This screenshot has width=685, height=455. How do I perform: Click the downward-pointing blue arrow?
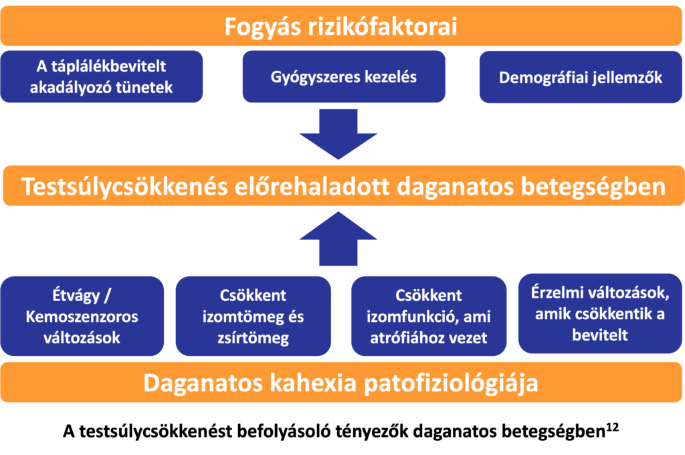coord(338,133)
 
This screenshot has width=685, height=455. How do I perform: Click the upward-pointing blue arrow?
coord(338,238)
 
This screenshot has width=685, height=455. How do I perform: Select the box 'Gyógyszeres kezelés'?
coord(344,76)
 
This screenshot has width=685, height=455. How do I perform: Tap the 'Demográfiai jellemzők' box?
coord(581,77)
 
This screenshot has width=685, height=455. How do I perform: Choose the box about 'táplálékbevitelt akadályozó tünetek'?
coord(102,76)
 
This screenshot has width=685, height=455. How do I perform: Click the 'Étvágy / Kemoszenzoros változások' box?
coord(82,316)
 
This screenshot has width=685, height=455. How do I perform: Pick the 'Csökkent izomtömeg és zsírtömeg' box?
coord(254,316)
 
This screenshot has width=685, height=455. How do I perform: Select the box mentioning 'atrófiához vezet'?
coord(429,316)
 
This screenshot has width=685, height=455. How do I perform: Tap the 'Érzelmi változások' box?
coord(600,313)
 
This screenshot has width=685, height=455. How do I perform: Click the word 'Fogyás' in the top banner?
coord(262,27)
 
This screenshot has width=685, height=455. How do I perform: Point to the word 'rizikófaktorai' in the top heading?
coord(383,26)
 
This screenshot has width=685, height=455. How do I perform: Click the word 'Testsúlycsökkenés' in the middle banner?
coord(124,186)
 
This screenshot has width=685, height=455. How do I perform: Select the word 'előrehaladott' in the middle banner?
coord(312,186)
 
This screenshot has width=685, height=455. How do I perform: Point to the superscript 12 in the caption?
coord(612,427)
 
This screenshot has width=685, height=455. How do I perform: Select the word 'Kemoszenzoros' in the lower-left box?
coord(82,316)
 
